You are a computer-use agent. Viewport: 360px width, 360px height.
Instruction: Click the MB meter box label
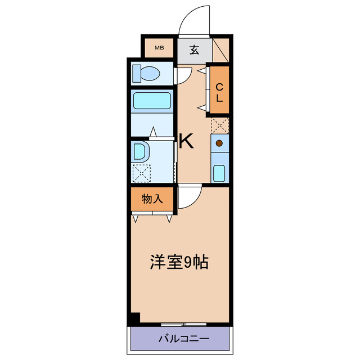click(159, 48)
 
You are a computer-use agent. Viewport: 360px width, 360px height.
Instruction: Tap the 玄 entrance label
click(194, 49)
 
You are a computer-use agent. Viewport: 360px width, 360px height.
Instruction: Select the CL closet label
click(220, 92)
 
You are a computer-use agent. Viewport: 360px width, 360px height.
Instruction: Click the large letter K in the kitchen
click(186, 142)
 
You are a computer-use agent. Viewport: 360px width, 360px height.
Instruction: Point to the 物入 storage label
click(152, 199)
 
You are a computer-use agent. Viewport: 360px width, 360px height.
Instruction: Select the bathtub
click(152, 101)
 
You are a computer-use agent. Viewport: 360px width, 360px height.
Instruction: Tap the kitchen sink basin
click(220, 172)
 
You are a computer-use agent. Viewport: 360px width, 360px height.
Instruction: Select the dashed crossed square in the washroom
click(141, 173)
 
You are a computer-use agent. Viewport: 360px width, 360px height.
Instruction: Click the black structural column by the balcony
click(134, 318)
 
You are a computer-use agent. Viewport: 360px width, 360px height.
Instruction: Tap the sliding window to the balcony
click(183, 325)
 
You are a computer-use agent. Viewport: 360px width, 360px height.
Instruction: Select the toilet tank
click(136, 73)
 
